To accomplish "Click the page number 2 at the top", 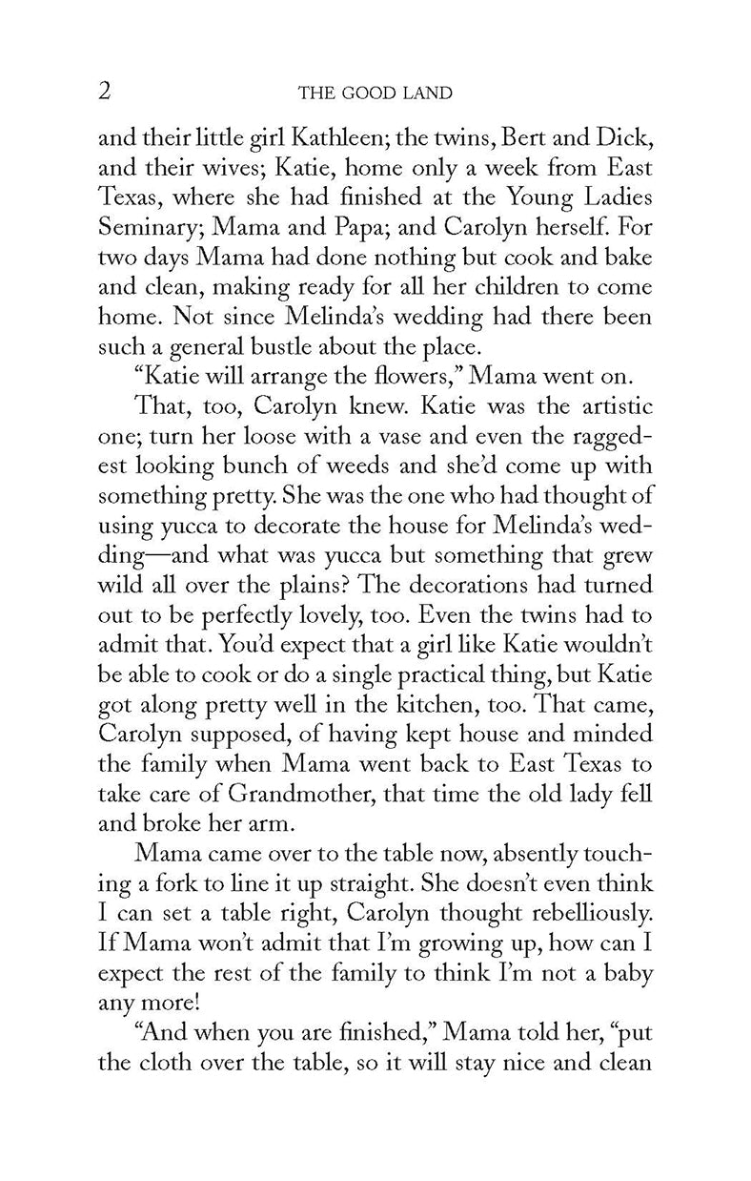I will [x=106, y=91].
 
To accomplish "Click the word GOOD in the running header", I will [x=373, y=93].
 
